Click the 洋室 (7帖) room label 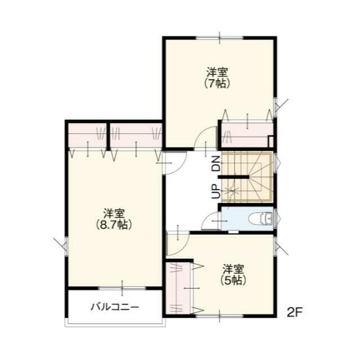coord(218,78)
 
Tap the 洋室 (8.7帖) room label coord(114,219)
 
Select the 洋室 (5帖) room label coord(233,274)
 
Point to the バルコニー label coord(115,307)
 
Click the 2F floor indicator coord(295,312)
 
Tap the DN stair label coord(216,164)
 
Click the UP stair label coord(216,191)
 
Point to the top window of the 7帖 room coord(220,38)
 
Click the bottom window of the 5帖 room coord(220,316)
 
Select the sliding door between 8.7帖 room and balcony coord(122,289)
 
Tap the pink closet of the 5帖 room coord(178,288)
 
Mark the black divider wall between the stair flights coord(234,177)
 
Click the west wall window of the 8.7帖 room coord(66,246)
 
